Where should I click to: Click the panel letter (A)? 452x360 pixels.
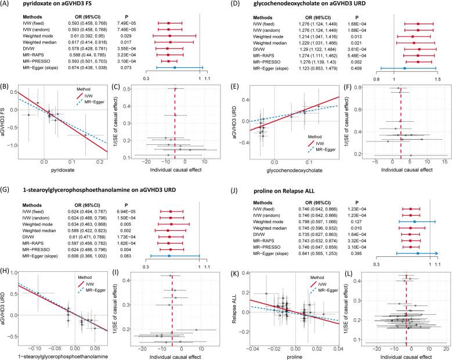tap(7, 4)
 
